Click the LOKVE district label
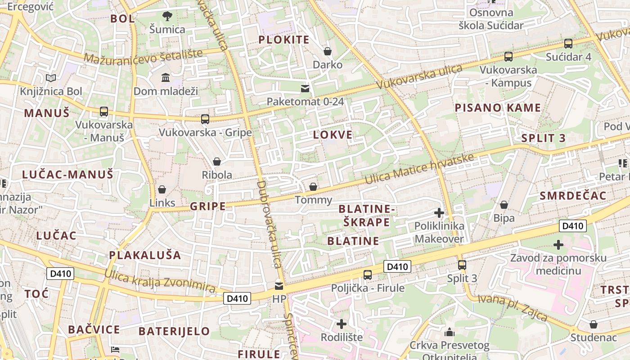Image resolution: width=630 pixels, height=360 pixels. (x=333, y=135)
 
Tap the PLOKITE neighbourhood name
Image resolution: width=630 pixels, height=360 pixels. (x=284, y=40)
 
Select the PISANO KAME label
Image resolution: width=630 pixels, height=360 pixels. (x=498, y=108)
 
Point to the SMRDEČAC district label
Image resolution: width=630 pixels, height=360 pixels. (x=573, y=195)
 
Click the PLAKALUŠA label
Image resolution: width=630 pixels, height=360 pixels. (x=145, y=255)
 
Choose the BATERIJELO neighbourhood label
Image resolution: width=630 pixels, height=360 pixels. (x=174, y=331)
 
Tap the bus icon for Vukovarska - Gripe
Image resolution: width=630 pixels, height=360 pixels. (x=205, y=119)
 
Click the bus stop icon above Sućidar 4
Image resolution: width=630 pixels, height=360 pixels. (x=568, y=44)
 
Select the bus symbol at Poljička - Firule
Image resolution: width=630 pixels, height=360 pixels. (x=368, y=274)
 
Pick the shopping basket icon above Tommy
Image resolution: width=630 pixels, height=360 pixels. (x=313, y=186)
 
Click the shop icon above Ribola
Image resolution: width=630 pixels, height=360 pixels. (x=217, y=161)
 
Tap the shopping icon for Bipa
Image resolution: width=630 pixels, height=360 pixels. (x=504, y=205)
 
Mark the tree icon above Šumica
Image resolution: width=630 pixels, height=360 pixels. (x=167, y=16)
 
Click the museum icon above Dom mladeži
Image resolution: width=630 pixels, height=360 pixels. (x=166, y=77)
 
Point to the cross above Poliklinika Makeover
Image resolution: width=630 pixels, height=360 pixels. (x=439, y=212)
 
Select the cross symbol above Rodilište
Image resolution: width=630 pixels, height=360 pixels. (x=342, y=324)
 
